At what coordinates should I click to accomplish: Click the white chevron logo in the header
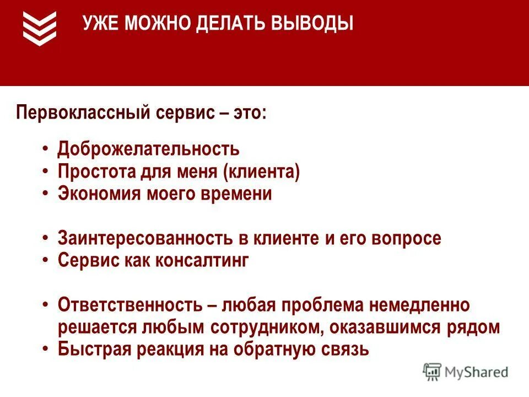click(40, 28)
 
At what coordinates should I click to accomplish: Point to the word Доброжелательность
click(149, 149)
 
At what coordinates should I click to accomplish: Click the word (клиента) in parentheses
click(262, 171)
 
